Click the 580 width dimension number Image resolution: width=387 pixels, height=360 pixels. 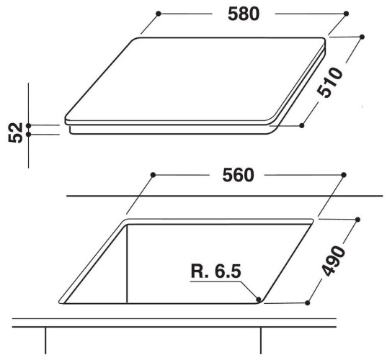[244, 14]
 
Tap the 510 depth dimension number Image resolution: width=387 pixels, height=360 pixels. [330, 82]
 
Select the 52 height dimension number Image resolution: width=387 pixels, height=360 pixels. [15, 132]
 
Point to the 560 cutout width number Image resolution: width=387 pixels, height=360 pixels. [238, 175]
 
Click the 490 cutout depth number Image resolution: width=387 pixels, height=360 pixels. [334, 261]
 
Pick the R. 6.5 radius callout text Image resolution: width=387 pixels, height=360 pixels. [215, 271]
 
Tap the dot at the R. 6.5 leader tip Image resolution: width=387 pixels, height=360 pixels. [259, 300]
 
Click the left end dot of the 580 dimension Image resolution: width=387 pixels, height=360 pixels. [159, 14]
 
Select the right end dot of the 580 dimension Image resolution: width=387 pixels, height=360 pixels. [346, 14]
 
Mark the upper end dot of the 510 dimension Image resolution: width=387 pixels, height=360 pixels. [362, 37]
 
